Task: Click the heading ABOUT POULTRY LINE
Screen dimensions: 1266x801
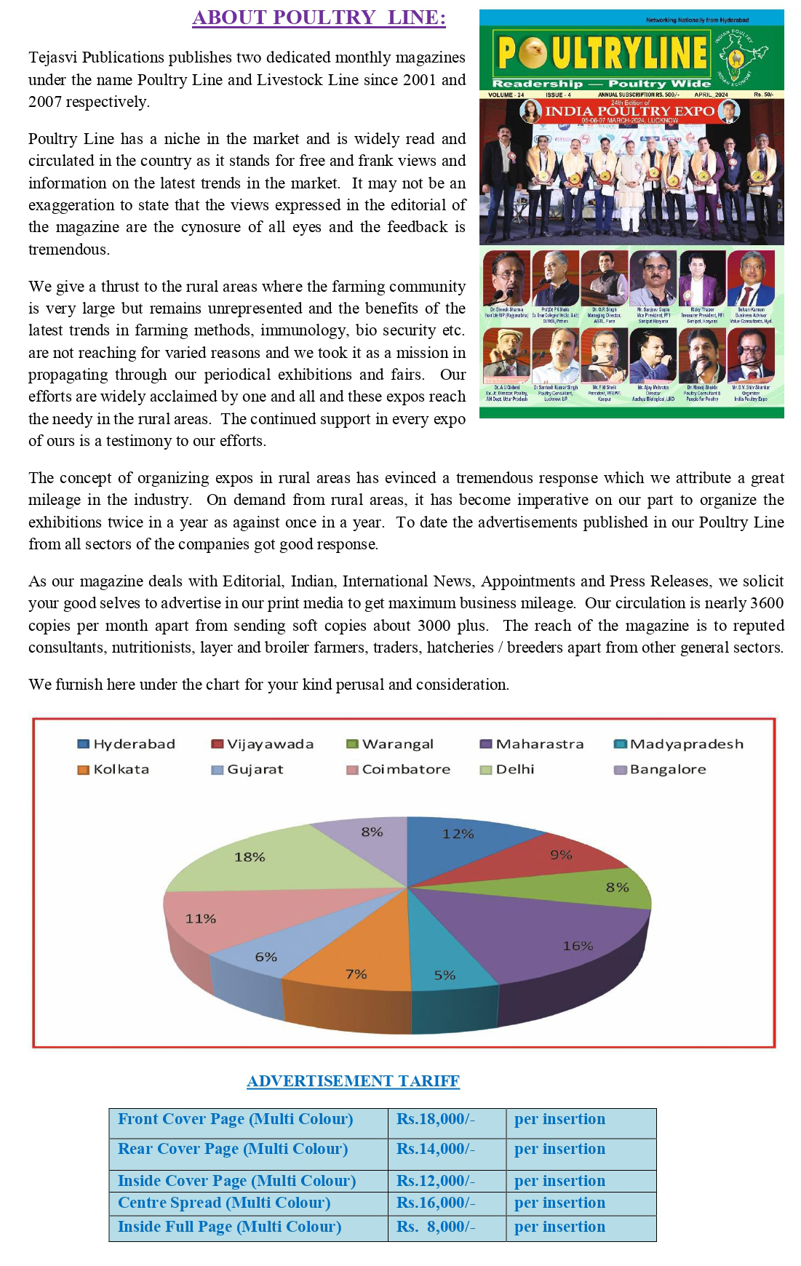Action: click(319, 17)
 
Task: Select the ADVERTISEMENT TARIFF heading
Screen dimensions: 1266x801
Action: click(353, 1081)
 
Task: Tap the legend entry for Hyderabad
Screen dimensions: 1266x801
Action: click(127, 744)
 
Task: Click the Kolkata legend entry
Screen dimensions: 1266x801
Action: click(114, 769)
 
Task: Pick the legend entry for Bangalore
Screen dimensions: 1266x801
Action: click(660, 769)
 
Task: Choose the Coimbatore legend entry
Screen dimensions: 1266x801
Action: click(399, 769)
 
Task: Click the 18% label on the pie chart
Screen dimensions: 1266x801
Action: click(250, 857)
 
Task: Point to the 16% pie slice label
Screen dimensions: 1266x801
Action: click(578, 946)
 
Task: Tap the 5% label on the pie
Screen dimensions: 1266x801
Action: click(445, 975)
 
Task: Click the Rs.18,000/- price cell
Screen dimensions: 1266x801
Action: click(436, 1119)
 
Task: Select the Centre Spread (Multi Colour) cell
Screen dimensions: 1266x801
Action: click(224, 1203)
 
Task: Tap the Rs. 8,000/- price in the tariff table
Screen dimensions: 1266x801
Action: click(436, 1227)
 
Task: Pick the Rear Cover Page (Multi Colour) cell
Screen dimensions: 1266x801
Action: click(233, 1149)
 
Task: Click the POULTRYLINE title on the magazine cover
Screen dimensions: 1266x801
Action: click(602, 52)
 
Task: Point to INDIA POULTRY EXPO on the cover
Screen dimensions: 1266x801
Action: click(629, 111)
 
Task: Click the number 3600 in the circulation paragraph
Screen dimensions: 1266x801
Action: click(766, 603)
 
